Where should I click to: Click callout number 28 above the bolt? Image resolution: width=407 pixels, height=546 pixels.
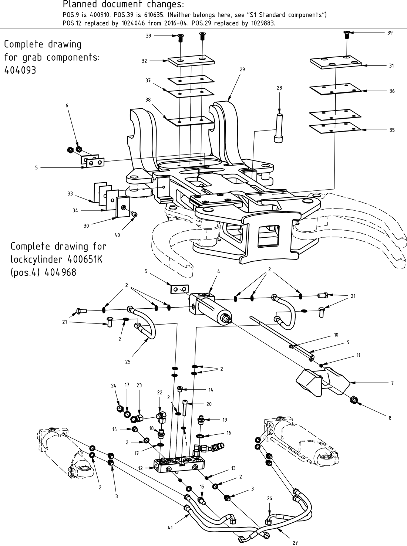(279, 88)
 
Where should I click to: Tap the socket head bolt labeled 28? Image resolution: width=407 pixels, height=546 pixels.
(279, 128)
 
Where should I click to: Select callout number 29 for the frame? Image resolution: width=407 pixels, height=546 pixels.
(242, 69)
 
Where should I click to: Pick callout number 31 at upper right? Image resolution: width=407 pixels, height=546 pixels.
(391, 66)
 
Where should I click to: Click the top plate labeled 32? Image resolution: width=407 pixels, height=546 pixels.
(191, 61)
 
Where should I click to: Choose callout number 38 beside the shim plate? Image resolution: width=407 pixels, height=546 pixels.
(148, 100)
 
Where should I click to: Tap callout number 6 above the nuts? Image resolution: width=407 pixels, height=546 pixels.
(67, 106)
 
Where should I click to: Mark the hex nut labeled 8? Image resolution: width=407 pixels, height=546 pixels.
(353, 400)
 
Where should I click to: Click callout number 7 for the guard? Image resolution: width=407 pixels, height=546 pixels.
(393, 383)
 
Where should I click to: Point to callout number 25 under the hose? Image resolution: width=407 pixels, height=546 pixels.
(128, 362)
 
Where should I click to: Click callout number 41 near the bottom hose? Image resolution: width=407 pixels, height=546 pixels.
(170, 528)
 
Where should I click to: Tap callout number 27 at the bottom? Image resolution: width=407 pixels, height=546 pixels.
(295, 543)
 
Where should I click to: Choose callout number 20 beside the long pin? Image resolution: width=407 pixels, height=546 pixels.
(209, 404)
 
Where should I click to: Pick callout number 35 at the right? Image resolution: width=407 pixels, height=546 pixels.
(392, 130)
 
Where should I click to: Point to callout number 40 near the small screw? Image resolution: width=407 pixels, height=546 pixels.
(117, 235)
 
